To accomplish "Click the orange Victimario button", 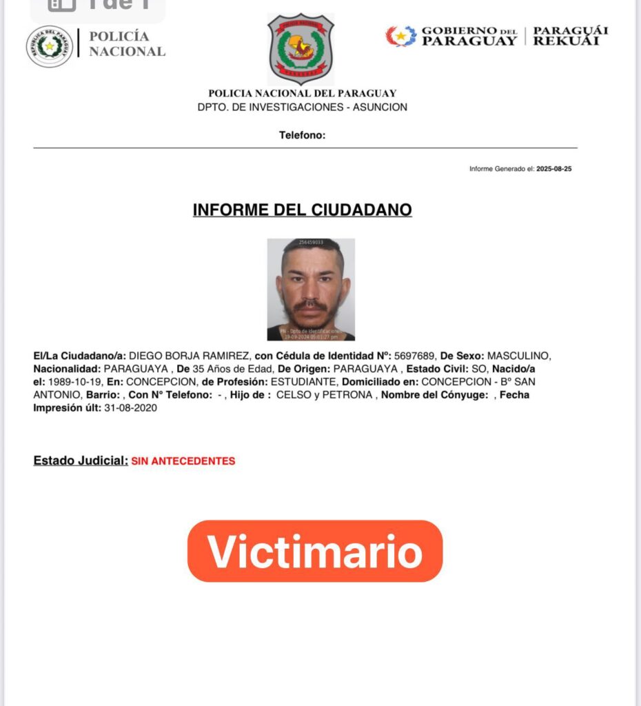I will pos(315,551).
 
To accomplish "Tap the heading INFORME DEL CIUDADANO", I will pos(302,210).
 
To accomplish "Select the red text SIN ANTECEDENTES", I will pos(183,461).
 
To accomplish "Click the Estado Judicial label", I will pos(81,461).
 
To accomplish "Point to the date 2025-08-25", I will pos(553,169).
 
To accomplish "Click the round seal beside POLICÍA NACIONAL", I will pos(49,46).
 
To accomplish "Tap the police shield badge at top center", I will pos(301,49).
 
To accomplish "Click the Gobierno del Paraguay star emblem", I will pos(401,36).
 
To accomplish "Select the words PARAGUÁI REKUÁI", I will pos(571,36).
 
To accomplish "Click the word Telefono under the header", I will pos(302,135).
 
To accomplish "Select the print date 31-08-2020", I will pos(130,408).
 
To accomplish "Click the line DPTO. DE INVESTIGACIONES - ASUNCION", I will pos(302,108).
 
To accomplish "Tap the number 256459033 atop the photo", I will pos(311,243).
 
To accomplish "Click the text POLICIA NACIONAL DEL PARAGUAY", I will pos(302,94).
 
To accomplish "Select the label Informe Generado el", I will pos(502,169).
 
